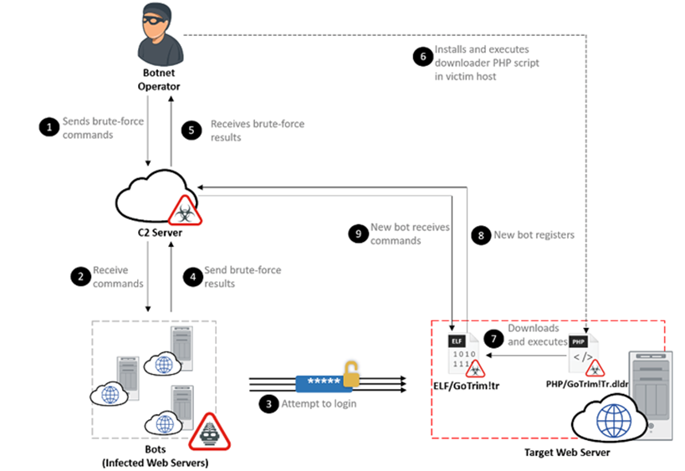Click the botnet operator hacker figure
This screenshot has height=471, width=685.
[x=159, y=37]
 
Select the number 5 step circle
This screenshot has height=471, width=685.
[x=193, y=131]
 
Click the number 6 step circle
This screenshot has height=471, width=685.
[x=422, y=56]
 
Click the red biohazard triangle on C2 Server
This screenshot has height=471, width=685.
[x=186, y=209]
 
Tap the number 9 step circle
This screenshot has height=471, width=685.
[x=357, y=234]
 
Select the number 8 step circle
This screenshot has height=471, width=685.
[x=479, y=235]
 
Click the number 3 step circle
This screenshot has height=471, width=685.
[x=268, y=404]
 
